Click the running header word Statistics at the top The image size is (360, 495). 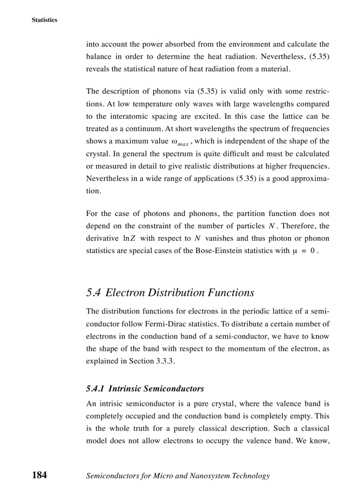point(44,20)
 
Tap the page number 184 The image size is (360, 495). point(39,475)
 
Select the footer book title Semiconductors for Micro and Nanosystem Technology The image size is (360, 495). point(178,476)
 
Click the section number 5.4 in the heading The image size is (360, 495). point(94,293)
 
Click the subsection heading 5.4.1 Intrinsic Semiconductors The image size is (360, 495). point(145,389)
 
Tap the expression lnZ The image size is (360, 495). point(129,238)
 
